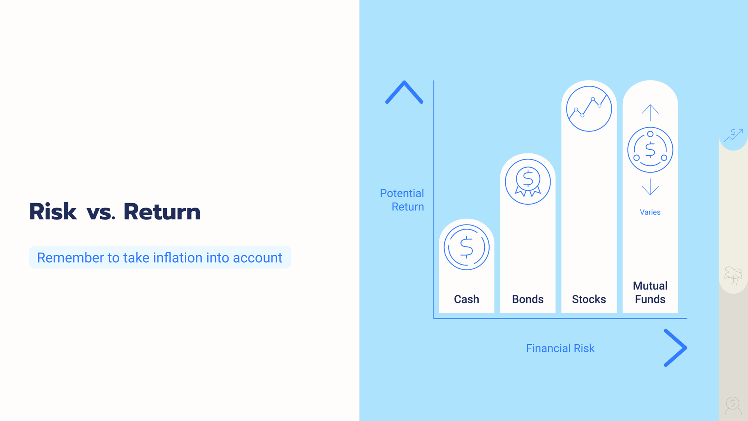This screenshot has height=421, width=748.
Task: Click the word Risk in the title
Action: pos(53,211)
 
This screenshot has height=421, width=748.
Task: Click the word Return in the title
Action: pos(162,211)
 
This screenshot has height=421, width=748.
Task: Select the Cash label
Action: pos(466,299)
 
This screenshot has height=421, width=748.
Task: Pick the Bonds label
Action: pos(528,299)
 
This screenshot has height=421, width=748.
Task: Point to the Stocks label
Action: pos(589,299)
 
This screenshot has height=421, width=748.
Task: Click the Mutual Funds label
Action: pos(650,292)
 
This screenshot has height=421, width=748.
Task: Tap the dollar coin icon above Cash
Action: pos(466,247)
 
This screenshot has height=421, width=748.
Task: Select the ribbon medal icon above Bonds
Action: pos(528,182)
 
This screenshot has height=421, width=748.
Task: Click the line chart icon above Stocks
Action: pos(589,109)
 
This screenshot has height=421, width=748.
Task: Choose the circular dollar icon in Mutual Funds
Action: pos(650,150)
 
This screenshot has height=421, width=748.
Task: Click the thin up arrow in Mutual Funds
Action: pos(650,113)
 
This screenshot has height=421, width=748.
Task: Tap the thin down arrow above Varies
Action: pos(650,187)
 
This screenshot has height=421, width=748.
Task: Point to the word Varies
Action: pos(650,212)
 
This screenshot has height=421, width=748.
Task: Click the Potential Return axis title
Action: pos(402,200)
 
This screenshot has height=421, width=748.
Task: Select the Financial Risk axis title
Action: pos(560,348)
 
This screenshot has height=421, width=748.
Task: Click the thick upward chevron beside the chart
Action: pos(404,92)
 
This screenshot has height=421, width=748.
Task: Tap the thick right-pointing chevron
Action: pos(675,348)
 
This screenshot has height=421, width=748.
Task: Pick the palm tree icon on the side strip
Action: pos(733,276)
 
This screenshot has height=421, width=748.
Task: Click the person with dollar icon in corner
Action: pos(733,406)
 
